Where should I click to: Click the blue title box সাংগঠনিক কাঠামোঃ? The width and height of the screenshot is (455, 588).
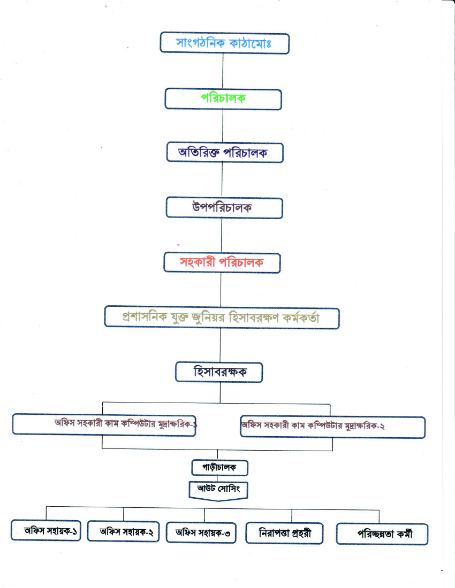point(224,43)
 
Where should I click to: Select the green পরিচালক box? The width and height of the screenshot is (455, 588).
point(223,99)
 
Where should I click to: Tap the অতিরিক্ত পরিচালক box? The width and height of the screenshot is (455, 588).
point(225,153)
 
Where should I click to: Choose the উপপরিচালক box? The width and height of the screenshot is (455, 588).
point(224,208)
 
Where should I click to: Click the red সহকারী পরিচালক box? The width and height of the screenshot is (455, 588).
point(222,262)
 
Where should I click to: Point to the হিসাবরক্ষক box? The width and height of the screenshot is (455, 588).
point(219,373)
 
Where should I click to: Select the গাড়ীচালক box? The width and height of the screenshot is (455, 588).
point(219,468)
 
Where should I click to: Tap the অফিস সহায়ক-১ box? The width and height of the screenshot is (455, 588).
point(46,530)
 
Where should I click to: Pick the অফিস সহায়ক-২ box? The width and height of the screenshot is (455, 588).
point(123,531)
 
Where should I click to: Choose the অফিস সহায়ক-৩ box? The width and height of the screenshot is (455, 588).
point(201,532)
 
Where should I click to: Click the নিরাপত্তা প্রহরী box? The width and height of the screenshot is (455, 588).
point(284,533)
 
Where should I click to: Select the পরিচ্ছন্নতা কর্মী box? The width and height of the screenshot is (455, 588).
point(382,534)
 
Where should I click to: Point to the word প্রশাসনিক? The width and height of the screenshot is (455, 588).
point(145,317)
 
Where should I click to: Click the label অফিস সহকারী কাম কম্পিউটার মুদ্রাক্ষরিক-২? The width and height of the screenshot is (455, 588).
point(313,425)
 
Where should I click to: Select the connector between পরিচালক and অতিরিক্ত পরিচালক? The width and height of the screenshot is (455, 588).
point(223,126)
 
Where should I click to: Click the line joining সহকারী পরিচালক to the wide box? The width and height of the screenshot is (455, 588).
point(221,290)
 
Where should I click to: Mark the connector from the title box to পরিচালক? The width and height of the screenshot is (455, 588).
point(223,71)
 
